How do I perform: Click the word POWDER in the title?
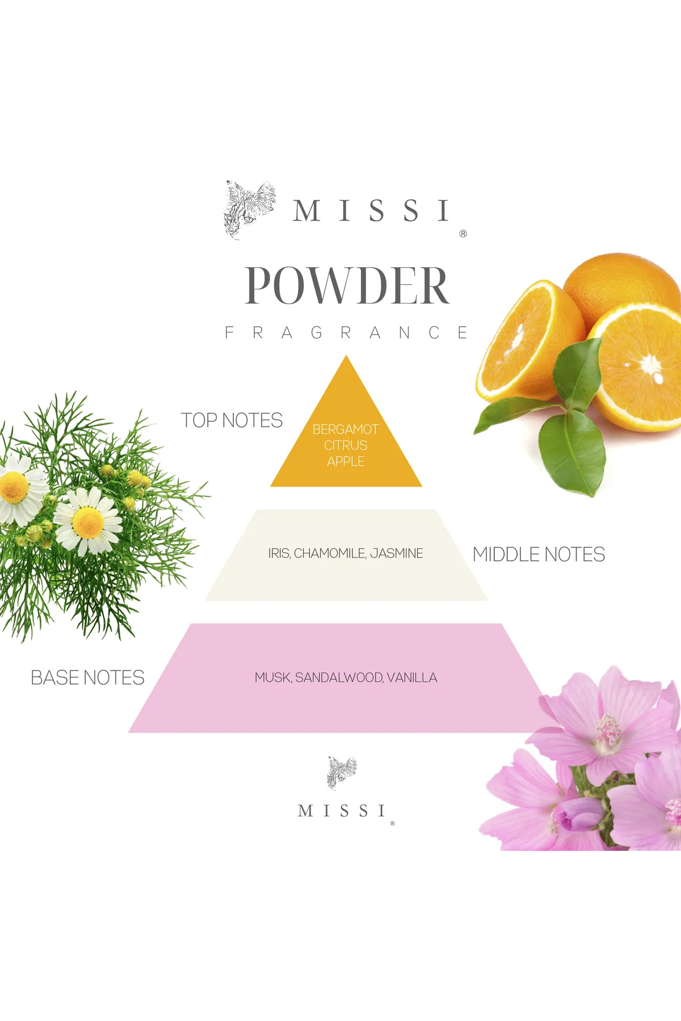(347, 285)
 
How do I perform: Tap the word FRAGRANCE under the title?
(346, 332)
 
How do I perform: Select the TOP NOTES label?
(232, 420)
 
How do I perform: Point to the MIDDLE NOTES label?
(539, 554)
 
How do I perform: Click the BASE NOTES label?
(87, 678)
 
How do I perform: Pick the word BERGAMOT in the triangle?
(346, 429)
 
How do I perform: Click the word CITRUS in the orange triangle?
(346, 445)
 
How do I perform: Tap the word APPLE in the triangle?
(346, 461)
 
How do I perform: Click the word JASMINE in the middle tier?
(397, 553)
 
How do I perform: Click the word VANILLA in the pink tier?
(412, 678)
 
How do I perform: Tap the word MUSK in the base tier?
(273, 678)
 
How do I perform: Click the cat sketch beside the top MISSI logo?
(249, 209)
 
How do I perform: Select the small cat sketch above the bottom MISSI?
(342, 772)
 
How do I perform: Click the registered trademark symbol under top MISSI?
(463, 234)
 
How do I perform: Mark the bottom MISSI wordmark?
(342, 811)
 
